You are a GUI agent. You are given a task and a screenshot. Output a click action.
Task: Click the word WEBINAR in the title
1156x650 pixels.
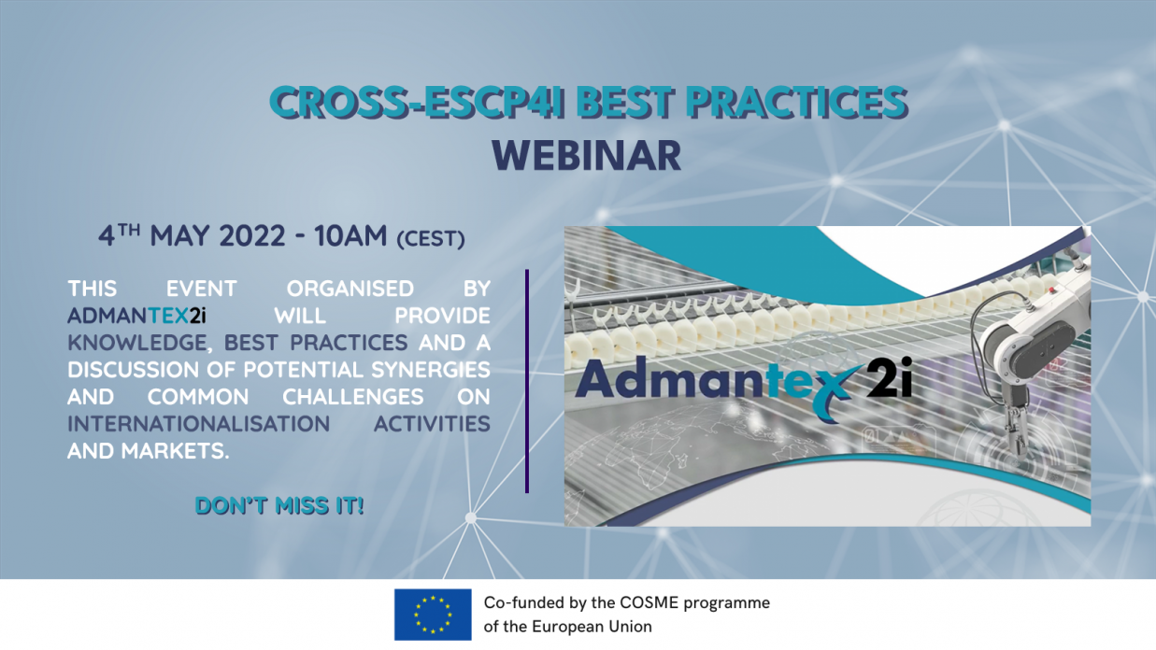(x=587, y=155)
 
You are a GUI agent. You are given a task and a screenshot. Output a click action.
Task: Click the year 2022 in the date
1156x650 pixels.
(x=251, y=236)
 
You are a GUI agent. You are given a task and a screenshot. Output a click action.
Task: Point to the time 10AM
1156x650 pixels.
(x=350, y=236)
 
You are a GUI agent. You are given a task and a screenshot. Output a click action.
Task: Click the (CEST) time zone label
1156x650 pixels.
(x=431, y=239)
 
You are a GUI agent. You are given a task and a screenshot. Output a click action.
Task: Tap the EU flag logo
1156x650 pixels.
(x=433, y=615)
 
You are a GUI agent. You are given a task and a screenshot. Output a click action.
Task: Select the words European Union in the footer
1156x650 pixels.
(x=592, y=627)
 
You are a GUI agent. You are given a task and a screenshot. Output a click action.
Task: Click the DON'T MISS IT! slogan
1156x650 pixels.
(x=279, y=505)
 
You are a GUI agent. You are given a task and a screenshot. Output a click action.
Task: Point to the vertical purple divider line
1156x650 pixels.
(x=527, y=381)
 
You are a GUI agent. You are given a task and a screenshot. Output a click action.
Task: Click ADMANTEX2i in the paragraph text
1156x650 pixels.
(x=136, y=316)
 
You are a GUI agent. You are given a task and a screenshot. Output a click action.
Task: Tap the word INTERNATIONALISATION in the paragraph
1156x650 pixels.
(x=199, y=424)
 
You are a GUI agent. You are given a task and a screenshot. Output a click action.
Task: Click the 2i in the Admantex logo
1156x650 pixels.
(x=888, y=377)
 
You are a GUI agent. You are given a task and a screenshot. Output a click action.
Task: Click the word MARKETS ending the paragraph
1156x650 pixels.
(x=175, y=451)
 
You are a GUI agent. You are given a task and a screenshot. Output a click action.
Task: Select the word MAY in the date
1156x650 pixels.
(x=179, y=236)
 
